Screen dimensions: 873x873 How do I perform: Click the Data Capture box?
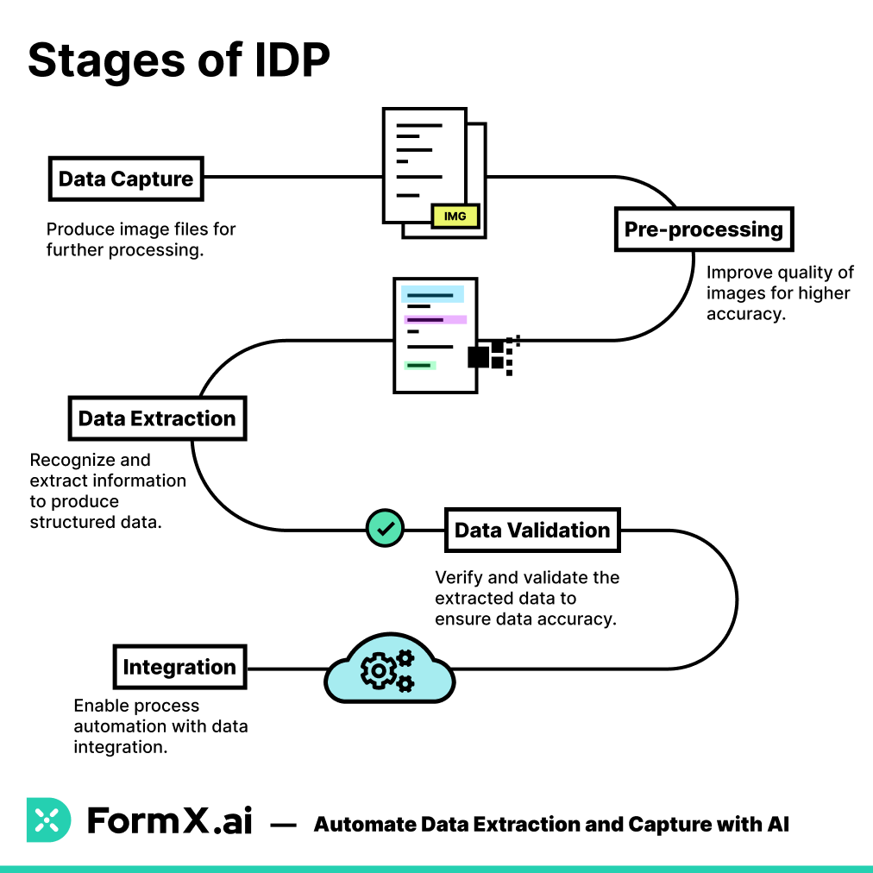(126, 179)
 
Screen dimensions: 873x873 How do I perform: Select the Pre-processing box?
(703, 229)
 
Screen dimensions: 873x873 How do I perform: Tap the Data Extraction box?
(157, 418)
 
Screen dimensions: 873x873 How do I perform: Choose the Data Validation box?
(532, 530)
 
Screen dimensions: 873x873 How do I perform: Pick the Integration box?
(179, 667)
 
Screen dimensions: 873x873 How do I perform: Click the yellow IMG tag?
(455, 216)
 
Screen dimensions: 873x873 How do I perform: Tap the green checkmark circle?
(385, 527)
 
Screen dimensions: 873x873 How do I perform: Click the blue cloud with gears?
(389, 669)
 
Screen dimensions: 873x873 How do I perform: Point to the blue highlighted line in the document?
(432, 295)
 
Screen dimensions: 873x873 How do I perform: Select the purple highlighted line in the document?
(435, 319)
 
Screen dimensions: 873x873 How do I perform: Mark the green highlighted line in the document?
(420, 366)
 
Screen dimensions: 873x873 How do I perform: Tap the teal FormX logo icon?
(49, 820)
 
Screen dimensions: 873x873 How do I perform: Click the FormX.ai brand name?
(170, 820)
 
